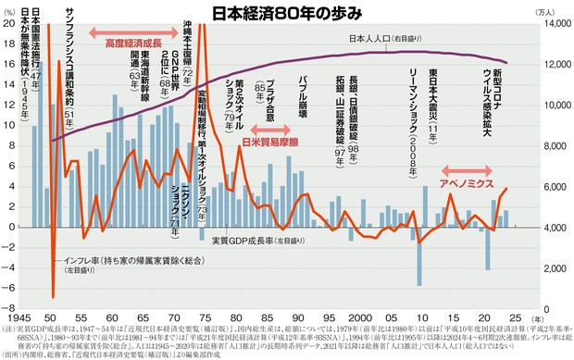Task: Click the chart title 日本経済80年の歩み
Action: (x=286, y=13)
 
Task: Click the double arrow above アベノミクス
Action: (x=471, y=169)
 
